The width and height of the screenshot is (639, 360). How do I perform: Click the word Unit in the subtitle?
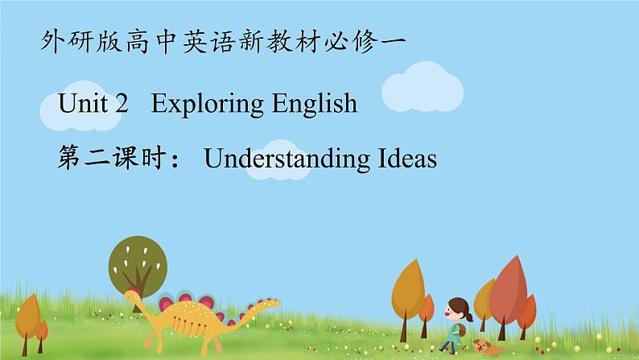(84, 103)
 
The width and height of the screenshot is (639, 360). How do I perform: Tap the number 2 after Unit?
(122, 103)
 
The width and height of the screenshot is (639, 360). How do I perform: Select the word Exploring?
(207, 105)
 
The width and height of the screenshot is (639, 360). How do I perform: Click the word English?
(315, 105)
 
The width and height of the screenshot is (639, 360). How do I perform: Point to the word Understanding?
(287, 159)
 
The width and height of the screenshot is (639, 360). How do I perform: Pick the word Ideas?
(407, 158)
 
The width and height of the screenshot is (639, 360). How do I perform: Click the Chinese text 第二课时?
(112, 158)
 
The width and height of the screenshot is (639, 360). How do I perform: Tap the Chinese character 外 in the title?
(53, 41)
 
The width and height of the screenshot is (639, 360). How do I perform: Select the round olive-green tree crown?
(138, 266)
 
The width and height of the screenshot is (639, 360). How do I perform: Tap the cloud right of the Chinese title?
(423, 87)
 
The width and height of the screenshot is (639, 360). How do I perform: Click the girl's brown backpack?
(461, 330)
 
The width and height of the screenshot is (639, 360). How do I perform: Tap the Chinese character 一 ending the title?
(394, 41)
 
